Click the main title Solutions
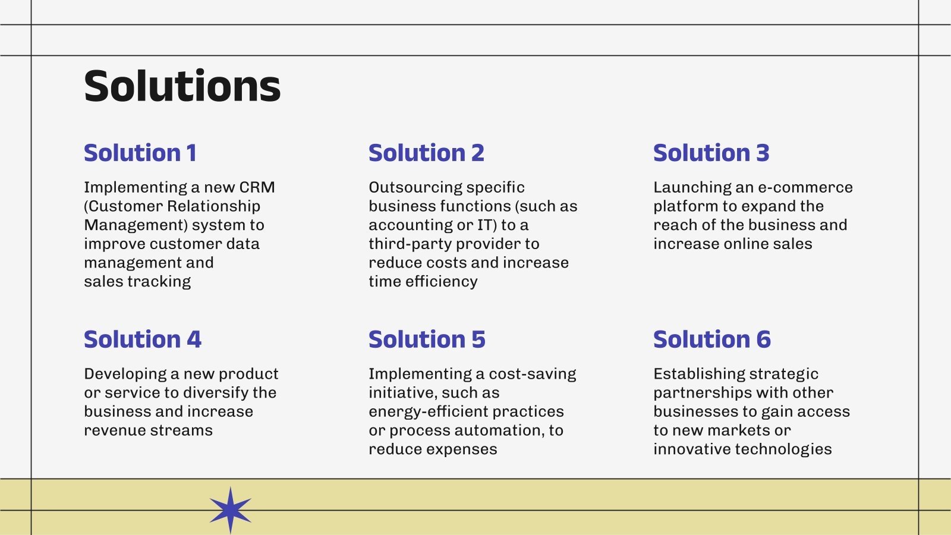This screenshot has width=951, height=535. click(182, 87)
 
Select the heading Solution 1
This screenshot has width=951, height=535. click(140, 153)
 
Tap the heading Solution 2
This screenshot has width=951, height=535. click(426, 153)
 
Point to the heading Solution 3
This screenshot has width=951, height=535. click(711, 153)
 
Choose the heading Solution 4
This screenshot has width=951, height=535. click(143, 340)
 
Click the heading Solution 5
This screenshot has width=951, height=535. click(427, 340)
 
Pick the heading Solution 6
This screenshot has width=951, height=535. click(711, 340)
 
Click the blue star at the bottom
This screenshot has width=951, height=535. click(231, 510)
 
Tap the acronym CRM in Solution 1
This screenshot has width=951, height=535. click(257, 187)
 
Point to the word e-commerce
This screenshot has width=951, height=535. click(805, 187)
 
